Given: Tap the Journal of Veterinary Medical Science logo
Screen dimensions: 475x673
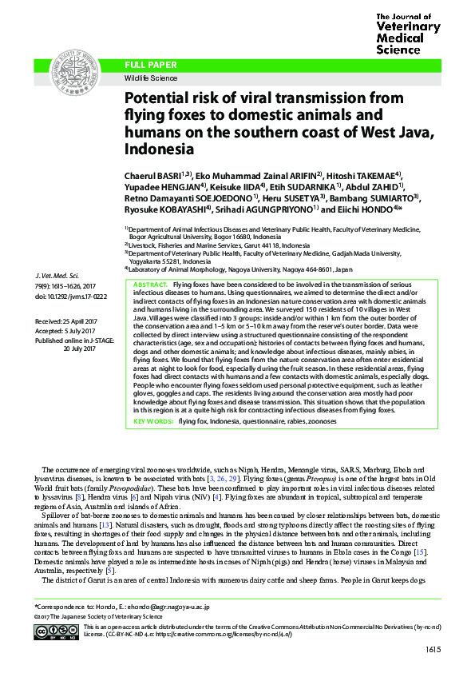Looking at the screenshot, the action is point(407,33).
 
